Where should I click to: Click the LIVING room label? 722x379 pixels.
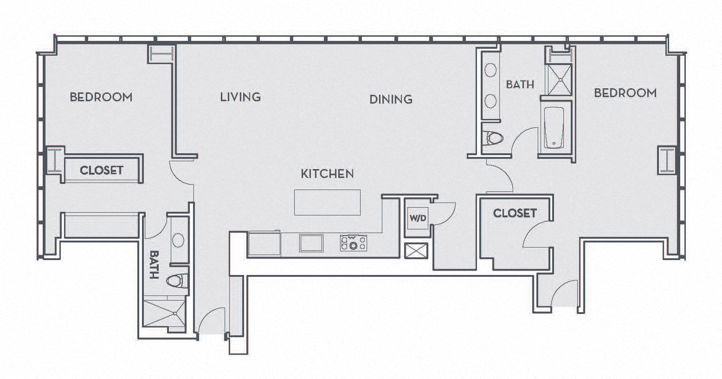point(240,97)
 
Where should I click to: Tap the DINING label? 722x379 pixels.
point(391,99)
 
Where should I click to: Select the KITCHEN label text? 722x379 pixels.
point(327,174)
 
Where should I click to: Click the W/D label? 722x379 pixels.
point(418,218)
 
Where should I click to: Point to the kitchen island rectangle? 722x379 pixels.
point(327,202)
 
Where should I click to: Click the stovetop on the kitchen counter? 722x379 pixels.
point(353,243)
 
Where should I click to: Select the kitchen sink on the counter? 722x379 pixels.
point(311,243)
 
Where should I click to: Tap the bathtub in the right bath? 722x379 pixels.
point(554,128)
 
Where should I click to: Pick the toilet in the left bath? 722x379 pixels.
point(177,281)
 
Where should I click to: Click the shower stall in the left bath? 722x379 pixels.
point(164,314)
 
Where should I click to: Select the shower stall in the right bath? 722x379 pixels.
point(560,79)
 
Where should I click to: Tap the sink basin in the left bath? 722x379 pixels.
point(178,240)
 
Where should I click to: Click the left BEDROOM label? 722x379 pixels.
point(101,97)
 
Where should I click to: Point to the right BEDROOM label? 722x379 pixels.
point(625,93)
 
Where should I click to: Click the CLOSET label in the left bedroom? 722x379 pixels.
point(102,170)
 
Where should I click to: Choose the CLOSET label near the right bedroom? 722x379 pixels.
point(515,213)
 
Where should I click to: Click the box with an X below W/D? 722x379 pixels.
point(416,251)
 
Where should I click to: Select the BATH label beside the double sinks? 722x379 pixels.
point(520,85)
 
